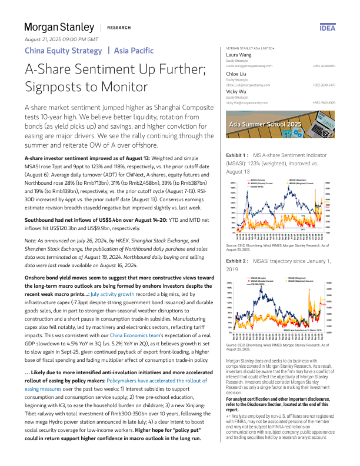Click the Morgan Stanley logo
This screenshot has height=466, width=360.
[x=59, y=27]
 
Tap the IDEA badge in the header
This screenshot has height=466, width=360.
[x=327, y=28]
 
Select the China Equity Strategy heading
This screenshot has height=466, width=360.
[x=62, y=51]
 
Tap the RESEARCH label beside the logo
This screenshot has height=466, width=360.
[x=119, y=28]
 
